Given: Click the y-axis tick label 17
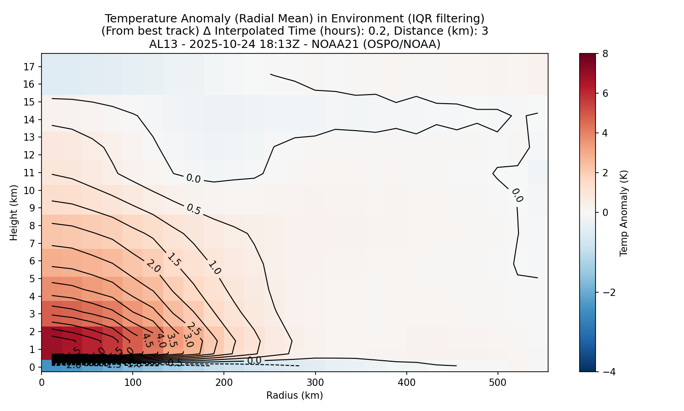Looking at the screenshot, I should coord(29,67).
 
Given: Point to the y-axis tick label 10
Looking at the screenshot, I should coord(29,190).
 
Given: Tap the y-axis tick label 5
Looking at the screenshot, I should coord(32,279).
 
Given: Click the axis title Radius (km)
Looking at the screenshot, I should coord(295,395).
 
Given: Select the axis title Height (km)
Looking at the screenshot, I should coord(14,212).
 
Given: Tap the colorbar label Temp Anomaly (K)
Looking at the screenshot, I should coord(624,212).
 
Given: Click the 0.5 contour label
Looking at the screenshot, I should coord(193,209).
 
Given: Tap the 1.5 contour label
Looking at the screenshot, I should coord(174,259).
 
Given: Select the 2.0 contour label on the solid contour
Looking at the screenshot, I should coord(153,266).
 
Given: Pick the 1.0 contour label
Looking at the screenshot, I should coord(214,267).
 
